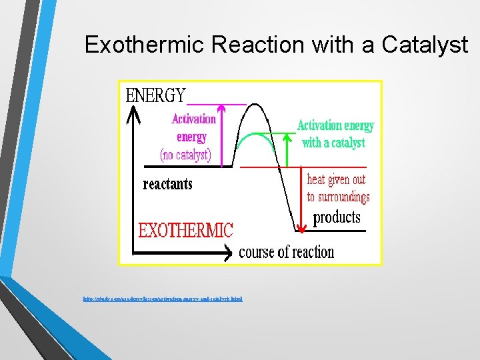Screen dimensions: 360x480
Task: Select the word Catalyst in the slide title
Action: pyautogui.click(x=425, y=45)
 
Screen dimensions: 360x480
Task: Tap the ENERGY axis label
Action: pyautogui.click(x=156, y=95)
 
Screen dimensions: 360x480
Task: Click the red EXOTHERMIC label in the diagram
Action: pyautogui.click(x=185, y=231)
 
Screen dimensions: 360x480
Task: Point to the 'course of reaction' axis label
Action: pyautogui.click(x=286, y=252)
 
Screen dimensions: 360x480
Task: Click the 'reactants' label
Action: pyautogui.click(x=167, y=184)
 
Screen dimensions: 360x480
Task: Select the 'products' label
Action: pyautogui.click(x=337, y=217)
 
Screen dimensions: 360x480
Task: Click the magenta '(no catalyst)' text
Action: pyautogui.click(x=185, y=155)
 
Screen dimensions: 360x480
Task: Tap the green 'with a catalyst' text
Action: pyautogui.click(x=333, y=143)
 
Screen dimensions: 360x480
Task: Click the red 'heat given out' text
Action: pyautogui.click(x=336, y=179)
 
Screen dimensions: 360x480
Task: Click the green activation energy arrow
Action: pyautogui.click(x=288, y=149)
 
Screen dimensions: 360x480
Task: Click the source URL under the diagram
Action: pyautogui.click(x=159, y=299)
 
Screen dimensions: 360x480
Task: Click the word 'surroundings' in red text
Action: pyautogui.click(x=338, y=197)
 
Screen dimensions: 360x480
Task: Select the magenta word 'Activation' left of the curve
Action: pyautogui.click(x=193, y=119)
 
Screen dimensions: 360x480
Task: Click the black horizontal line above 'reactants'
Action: pyautogui.click(x=187, y=166)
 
